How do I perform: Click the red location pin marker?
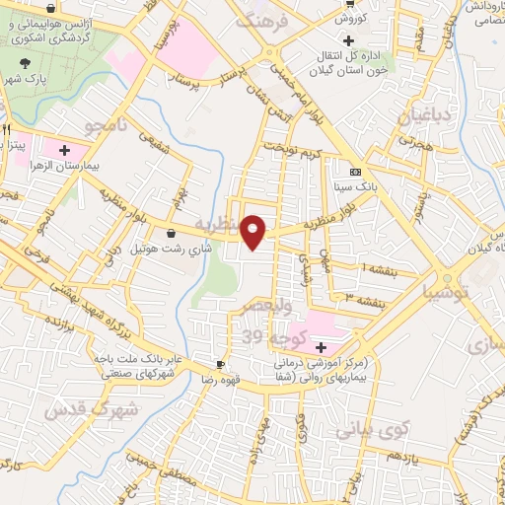pyautogui.click(x=254, y=231)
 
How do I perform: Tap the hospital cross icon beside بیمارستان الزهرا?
pyautogui.click(x=64, y=151)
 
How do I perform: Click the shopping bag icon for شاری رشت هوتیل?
pyautogui.click(x=173, y=234)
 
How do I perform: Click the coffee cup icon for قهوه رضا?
pyautogui.click(x=222, y=363)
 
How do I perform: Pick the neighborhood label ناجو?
pyautogui.click(x=104, y=126)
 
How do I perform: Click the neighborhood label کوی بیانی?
pyautogui.click(x=371, y=430)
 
